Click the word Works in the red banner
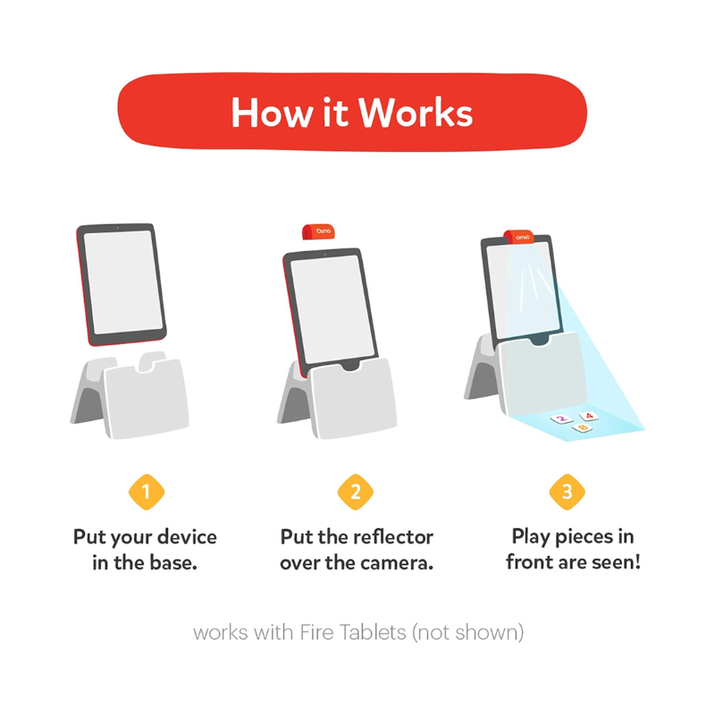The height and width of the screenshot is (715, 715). tap(416, 113)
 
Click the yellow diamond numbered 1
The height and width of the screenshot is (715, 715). tap(147, 492)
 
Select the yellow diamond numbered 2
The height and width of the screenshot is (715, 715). tap(356, 492)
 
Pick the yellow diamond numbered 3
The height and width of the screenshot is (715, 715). tap(567, 492)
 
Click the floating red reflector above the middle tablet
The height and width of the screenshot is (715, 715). tap(318, 231)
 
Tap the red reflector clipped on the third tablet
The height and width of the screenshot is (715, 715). tap(519, 237)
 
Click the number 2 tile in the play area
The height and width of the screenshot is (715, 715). tap(562, 418)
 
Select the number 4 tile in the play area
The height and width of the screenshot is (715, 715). tap(589, 416)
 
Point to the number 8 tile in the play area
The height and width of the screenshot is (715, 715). tap(583, 428)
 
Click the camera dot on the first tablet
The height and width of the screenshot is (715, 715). tap(118, 228)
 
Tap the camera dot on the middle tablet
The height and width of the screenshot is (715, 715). tap(324, 254)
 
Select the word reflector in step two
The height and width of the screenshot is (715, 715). tap(389, 537)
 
